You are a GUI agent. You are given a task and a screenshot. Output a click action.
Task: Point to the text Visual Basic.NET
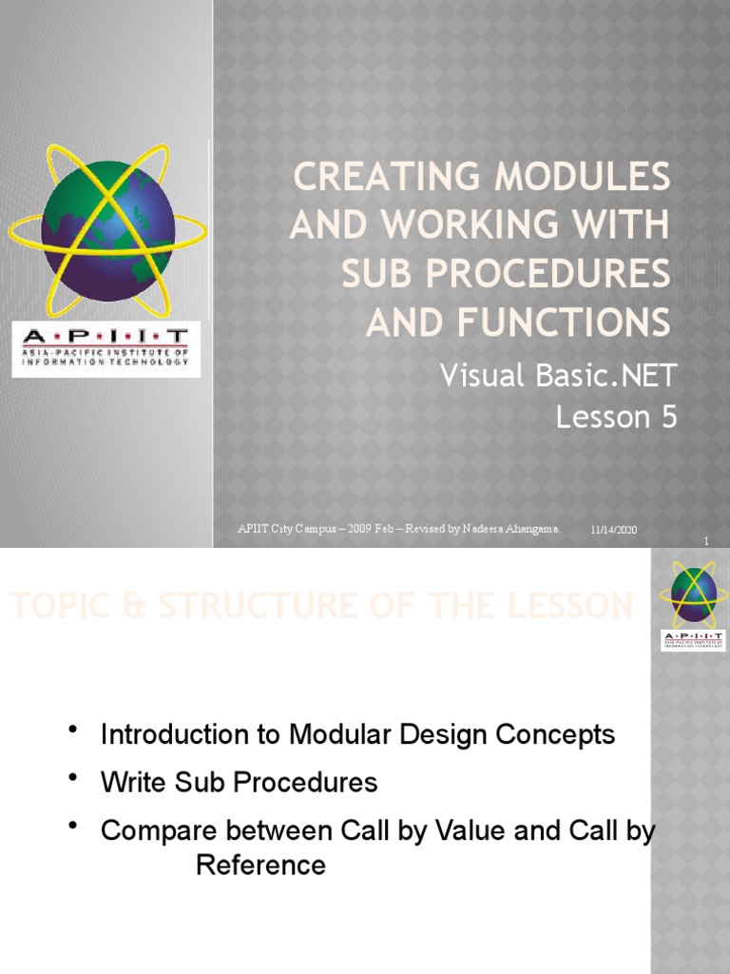(558, 376)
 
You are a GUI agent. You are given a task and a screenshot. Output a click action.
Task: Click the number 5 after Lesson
(668, 418)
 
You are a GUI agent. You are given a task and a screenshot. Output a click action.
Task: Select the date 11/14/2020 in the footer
(613, 529)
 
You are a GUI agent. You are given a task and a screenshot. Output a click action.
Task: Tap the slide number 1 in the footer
(706, 541)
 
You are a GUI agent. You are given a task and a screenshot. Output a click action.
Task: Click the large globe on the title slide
(106, 231)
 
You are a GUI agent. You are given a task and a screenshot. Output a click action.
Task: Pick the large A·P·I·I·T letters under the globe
(105, 335)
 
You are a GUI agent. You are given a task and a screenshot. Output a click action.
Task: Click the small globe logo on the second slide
(693, 594)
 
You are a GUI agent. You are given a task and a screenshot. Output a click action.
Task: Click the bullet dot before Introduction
(72, 730)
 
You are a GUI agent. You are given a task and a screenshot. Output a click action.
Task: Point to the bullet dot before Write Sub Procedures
(72, 779)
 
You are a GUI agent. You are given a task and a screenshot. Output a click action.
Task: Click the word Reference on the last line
(260, 865)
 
